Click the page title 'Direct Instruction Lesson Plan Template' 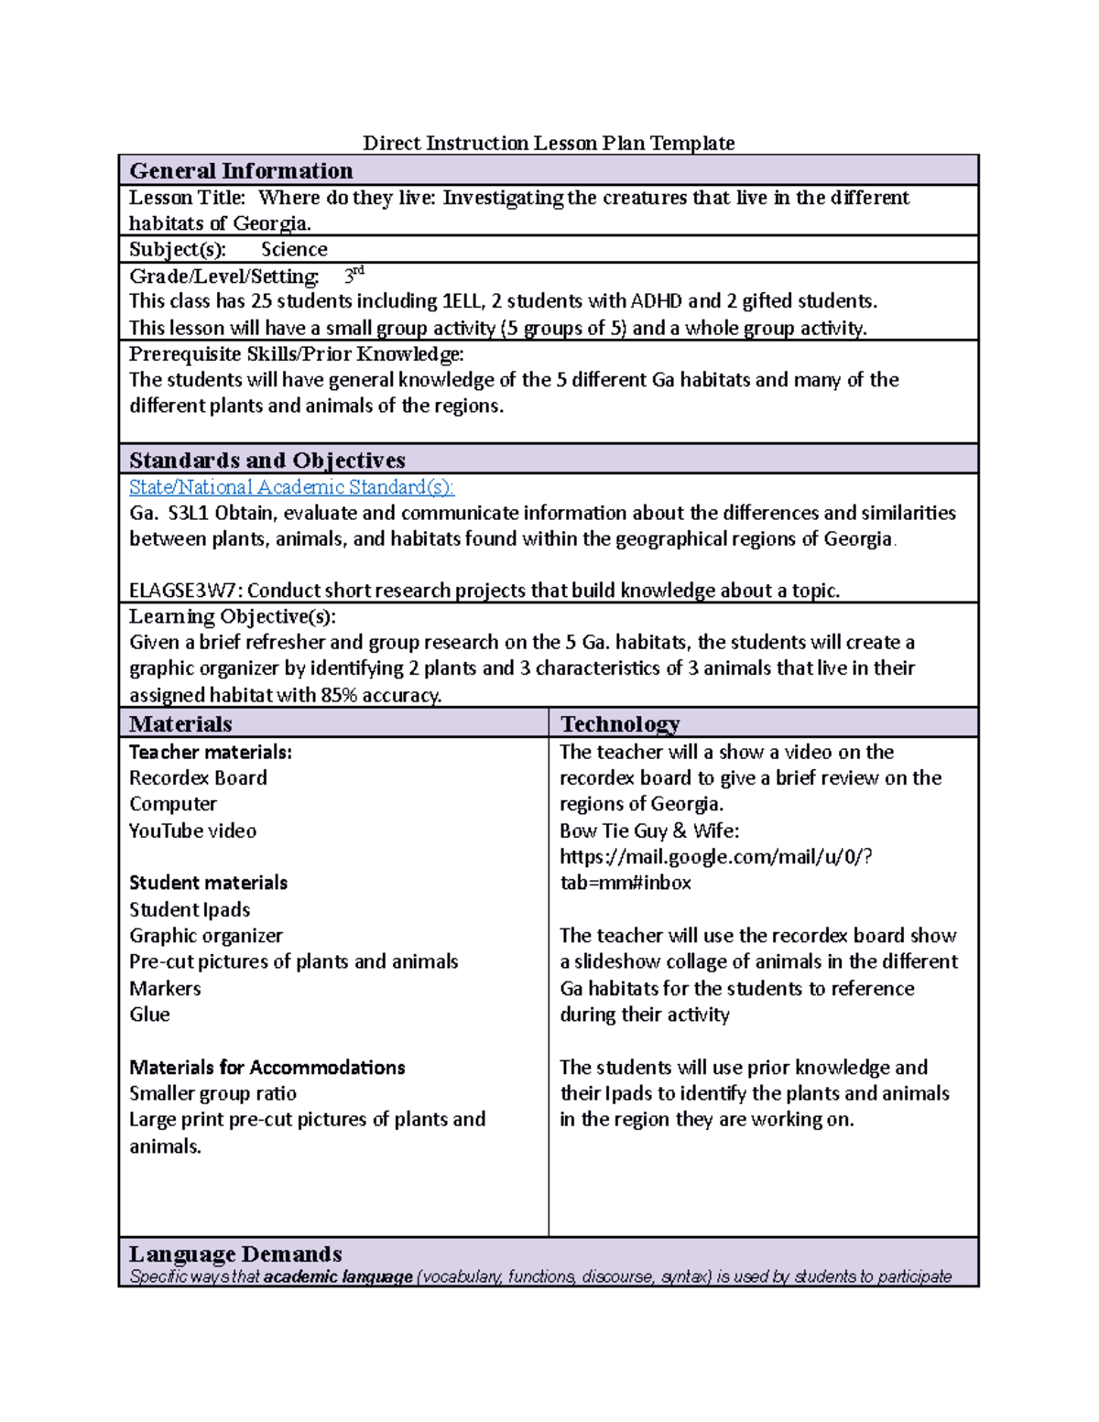coord(549,143)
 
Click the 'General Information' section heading coord(241,171)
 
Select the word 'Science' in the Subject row coord(294,250)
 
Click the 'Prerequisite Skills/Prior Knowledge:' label coord(296,354)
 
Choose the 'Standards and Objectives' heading coord(267,461)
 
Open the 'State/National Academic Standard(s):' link coord(291,487)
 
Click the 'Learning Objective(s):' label coord(232,616)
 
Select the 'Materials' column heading coord(180,724)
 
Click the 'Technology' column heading coord(620,724)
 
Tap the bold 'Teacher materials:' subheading coord(210,753)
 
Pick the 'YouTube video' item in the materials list coord(192,831)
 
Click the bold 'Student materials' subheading coord(208,884)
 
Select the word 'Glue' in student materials coord(149,1015)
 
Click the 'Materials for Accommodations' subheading coord(267,1068)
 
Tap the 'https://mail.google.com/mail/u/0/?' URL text coord(715,857)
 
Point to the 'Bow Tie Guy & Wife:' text coord(649,831)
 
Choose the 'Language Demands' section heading coord(235,1254)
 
